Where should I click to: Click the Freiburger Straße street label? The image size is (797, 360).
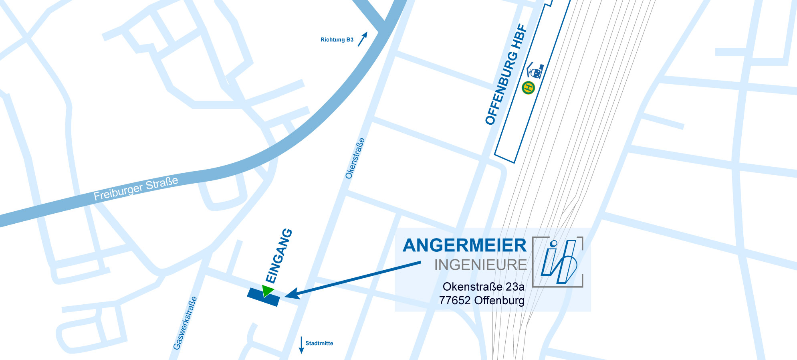coord(136,188)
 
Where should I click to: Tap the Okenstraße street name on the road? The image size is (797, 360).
coord(355,158)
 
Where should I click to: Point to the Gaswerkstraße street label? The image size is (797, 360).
coord(185,323)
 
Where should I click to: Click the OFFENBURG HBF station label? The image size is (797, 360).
coord(506,75)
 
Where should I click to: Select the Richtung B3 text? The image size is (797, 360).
coord(337,40)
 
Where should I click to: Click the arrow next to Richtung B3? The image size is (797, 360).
coord(362,39)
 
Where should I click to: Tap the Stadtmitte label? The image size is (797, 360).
coord(319,343)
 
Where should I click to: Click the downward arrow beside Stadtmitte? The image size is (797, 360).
coord(301,345)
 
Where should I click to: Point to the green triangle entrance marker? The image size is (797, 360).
coord(267,290)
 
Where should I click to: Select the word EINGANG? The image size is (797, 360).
coord(279,256)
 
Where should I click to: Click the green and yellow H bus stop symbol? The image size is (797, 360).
coord(529,87)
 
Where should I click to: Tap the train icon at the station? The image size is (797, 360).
coord(535,71)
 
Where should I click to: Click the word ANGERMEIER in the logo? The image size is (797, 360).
coord(464,246)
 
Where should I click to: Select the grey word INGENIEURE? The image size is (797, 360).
coord(480,265)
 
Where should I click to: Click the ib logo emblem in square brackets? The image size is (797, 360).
coord(558,262)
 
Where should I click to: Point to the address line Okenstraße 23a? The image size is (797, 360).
coord(483,287)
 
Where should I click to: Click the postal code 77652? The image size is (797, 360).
coord(455,300)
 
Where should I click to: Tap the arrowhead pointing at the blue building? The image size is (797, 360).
coord(292,294)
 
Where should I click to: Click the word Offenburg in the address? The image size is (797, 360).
coord(499,300)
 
